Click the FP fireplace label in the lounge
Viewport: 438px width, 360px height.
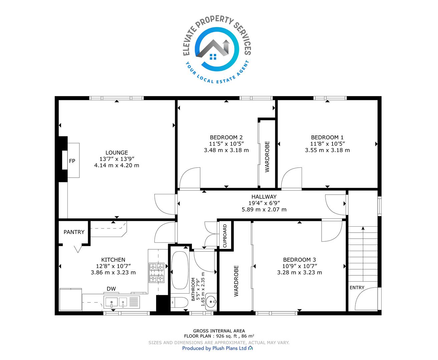tap(72, 161)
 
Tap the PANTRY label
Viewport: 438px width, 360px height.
tap(74, 232)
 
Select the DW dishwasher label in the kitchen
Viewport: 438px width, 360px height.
tap(111, 289)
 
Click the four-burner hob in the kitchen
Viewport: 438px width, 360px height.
tap(156, 273)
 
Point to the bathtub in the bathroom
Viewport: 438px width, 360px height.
tap(180, 270)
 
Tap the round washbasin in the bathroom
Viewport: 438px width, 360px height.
tap(211, 301)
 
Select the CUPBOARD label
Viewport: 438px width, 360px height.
tap(225, 236)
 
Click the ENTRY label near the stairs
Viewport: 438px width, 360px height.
tap(357, 288)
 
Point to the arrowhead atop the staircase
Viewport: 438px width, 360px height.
tap(363, 228)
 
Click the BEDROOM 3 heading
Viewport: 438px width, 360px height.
tap(299, 260)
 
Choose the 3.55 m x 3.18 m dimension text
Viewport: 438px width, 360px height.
tap(327, 150)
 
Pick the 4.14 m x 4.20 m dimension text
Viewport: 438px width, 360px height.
tap(116, 165)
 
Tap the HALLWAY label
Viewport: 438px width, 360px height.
tap(264, 196)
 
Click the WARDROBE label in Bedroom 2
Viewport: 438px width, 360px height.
tap(267, 157)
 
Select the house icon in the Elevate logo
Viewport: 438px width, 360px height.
tap(213, 50)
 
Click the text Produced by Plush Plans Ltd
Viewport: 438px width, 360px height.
tap(214, 348)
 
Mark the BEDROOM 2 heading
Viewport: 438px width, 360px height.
tap(226, 137)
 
